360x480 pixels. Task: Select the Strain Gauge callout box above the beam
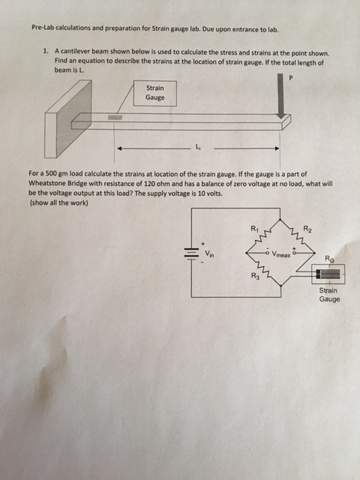[155, 92]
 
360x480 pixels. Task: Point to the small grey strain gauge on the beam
[115, 117]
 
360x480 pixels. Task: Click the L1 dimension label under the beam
[197, 146]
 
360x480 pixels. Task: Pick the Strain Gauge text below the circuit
[328, 294]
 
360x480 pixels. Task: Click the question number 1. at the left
[46, 52]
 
